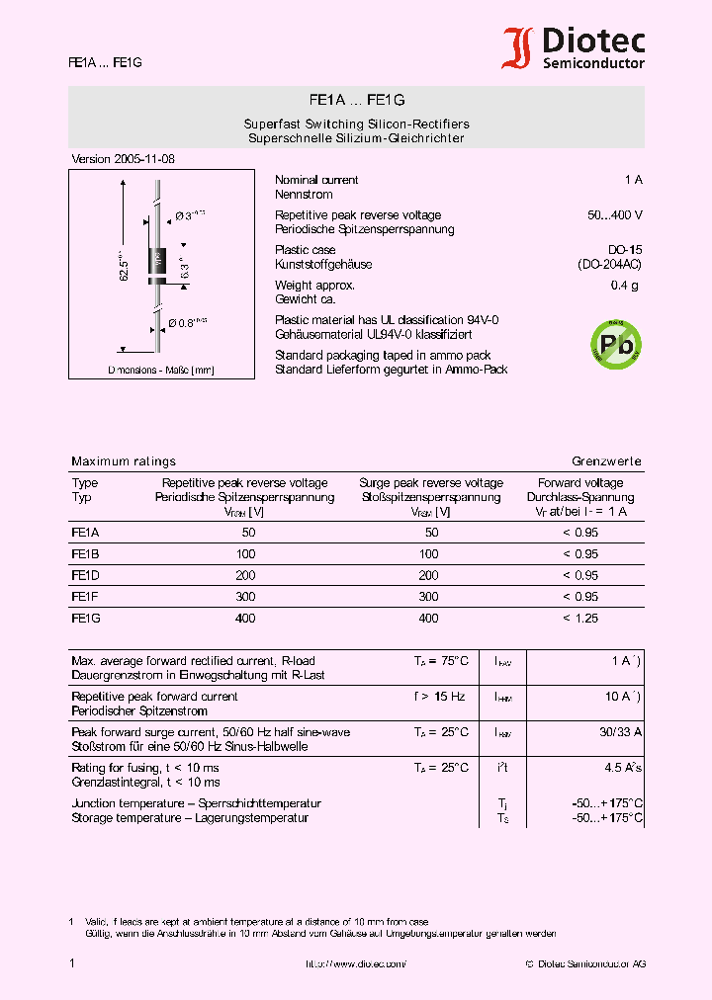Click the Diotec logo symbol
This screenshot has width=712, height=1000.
click(x=517, y=48)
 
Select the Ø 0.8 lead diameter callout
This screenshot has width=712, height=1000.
click(x=187, y=322)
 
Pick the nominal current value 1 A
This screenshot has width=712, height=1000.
click(x=633, y=180)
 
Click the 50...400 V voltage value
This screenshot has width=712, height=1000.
click(x=614, y=215)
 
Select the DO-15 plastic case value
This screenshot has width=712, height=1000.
click(x=625, y=250)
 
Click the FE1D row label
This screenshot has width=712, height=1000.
click(x=85, y=575)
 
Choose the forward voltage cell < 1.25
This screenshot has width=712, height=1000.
click(x=580, y=619)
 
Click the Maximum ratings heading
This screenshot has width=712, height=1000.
click(x=124, y=461)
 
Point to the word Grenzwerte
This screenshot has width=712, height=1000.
click(x=606, y=461)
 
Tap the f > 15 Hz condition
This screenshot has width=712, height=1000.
click(x=439, y=697)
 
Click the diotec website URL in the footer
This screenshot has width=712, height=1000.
click(x=355, y=963)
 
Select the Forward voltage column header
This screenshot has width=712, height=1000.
click(x=580, y=483)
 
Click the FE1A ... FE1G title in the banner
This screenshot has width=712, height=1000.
click(x=356, y=100)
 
